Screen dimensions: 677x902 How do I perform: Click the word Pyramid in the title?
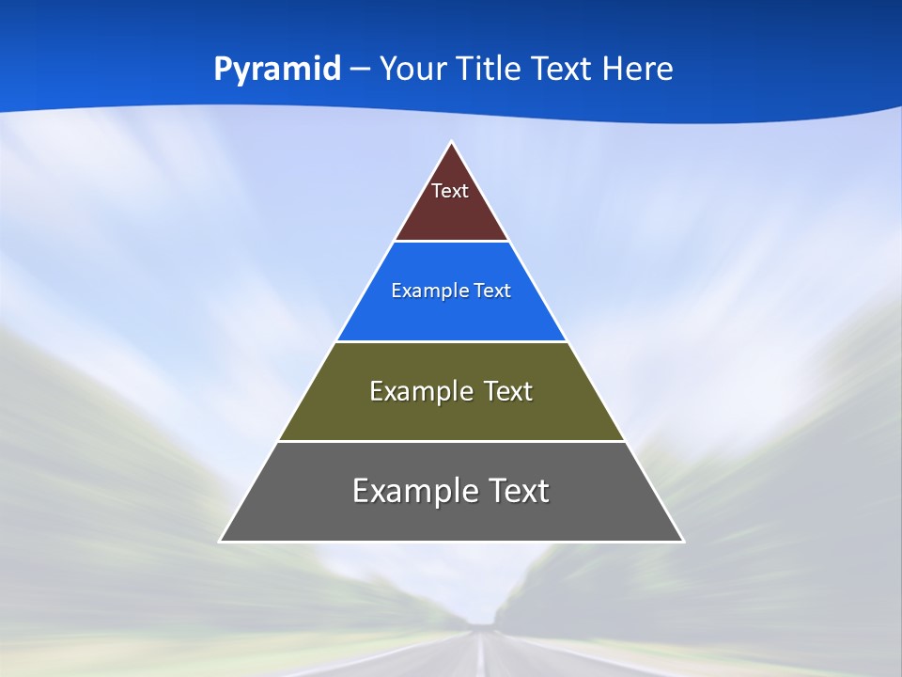(277, 70)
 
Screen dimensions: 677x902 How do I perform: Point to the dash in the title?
(359, 70)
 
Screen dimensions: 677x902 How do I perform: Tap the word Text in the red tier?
(450, 191)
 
